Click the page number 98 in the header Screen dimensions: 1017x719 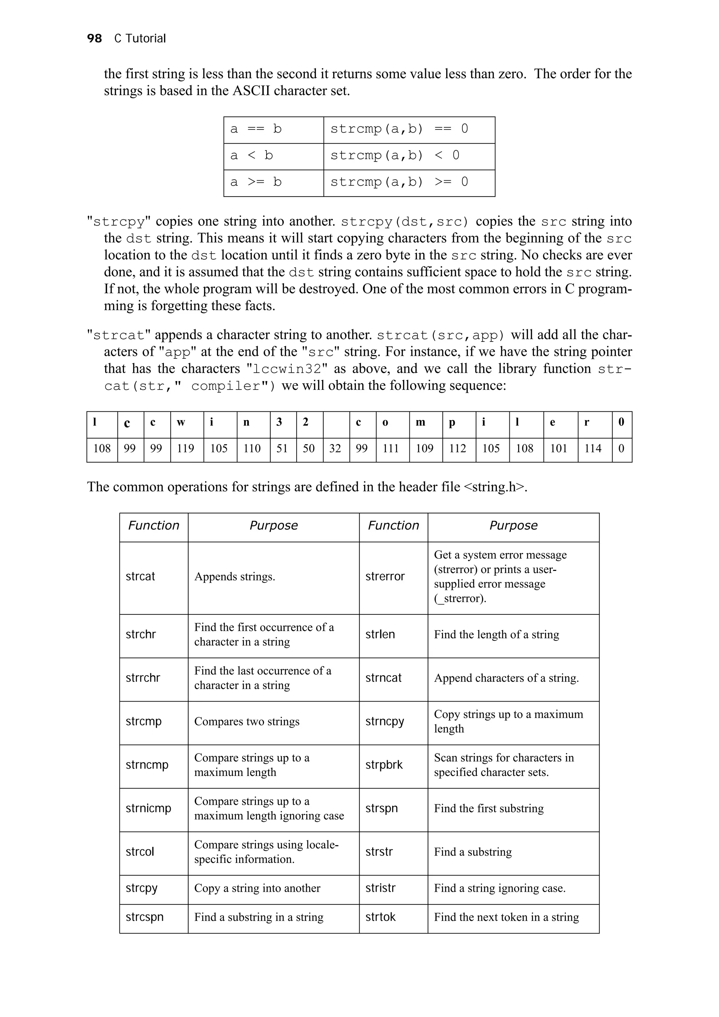point(94,39)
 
